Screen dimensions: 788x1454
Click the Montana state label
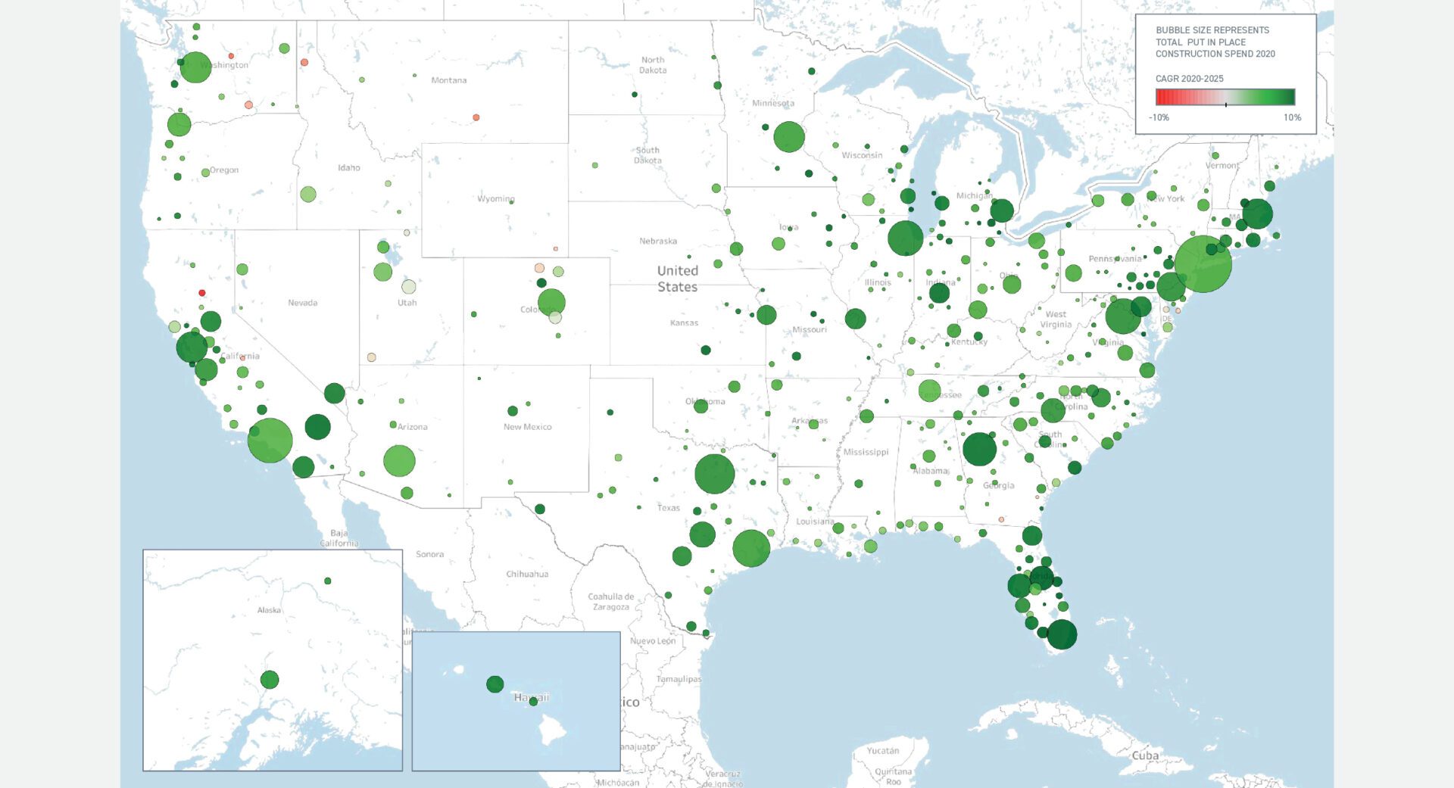coord(448,80)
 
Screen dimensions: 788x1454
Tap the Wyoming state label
coord(495,199)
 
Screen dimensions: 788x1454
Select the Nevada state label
coord(302,303)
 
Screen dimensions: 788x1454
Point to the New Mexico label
coord(527,427)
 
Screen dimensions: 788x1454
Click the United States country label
coord(677,279)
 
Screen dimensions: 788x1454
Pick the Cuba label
coord(1144,755)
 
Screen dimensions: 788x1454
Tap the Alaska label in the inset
coord(269,610)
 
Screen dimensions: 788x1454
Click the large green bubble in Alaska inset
coord(269,679)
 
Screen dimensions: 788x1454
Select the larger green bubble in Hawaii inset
coord(495,684)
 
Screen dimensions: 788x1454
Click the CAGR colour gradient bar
coord(1225,97)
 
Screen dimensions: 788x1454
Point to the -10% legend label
coord(1159,117)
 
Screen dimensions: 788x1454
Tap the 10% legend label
coord(1292,117)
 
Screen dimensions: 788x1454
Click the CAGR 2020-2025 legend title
coord(1189,79)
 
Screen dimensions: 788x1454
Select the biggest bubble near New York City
coord(1203,264)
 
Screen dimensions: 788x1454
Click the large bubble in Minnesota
coord(788,137)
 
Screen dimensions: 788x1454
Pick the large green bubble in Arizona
coord(399,460)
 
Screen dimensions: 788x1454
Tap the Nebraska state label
coord(657,241)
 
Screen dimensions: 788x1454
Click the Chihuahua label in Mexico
coord(526,574)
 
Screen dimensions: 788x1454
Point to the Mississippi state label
coord(866,452)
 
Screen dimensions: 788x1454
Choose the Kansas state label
coord(684,323)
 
